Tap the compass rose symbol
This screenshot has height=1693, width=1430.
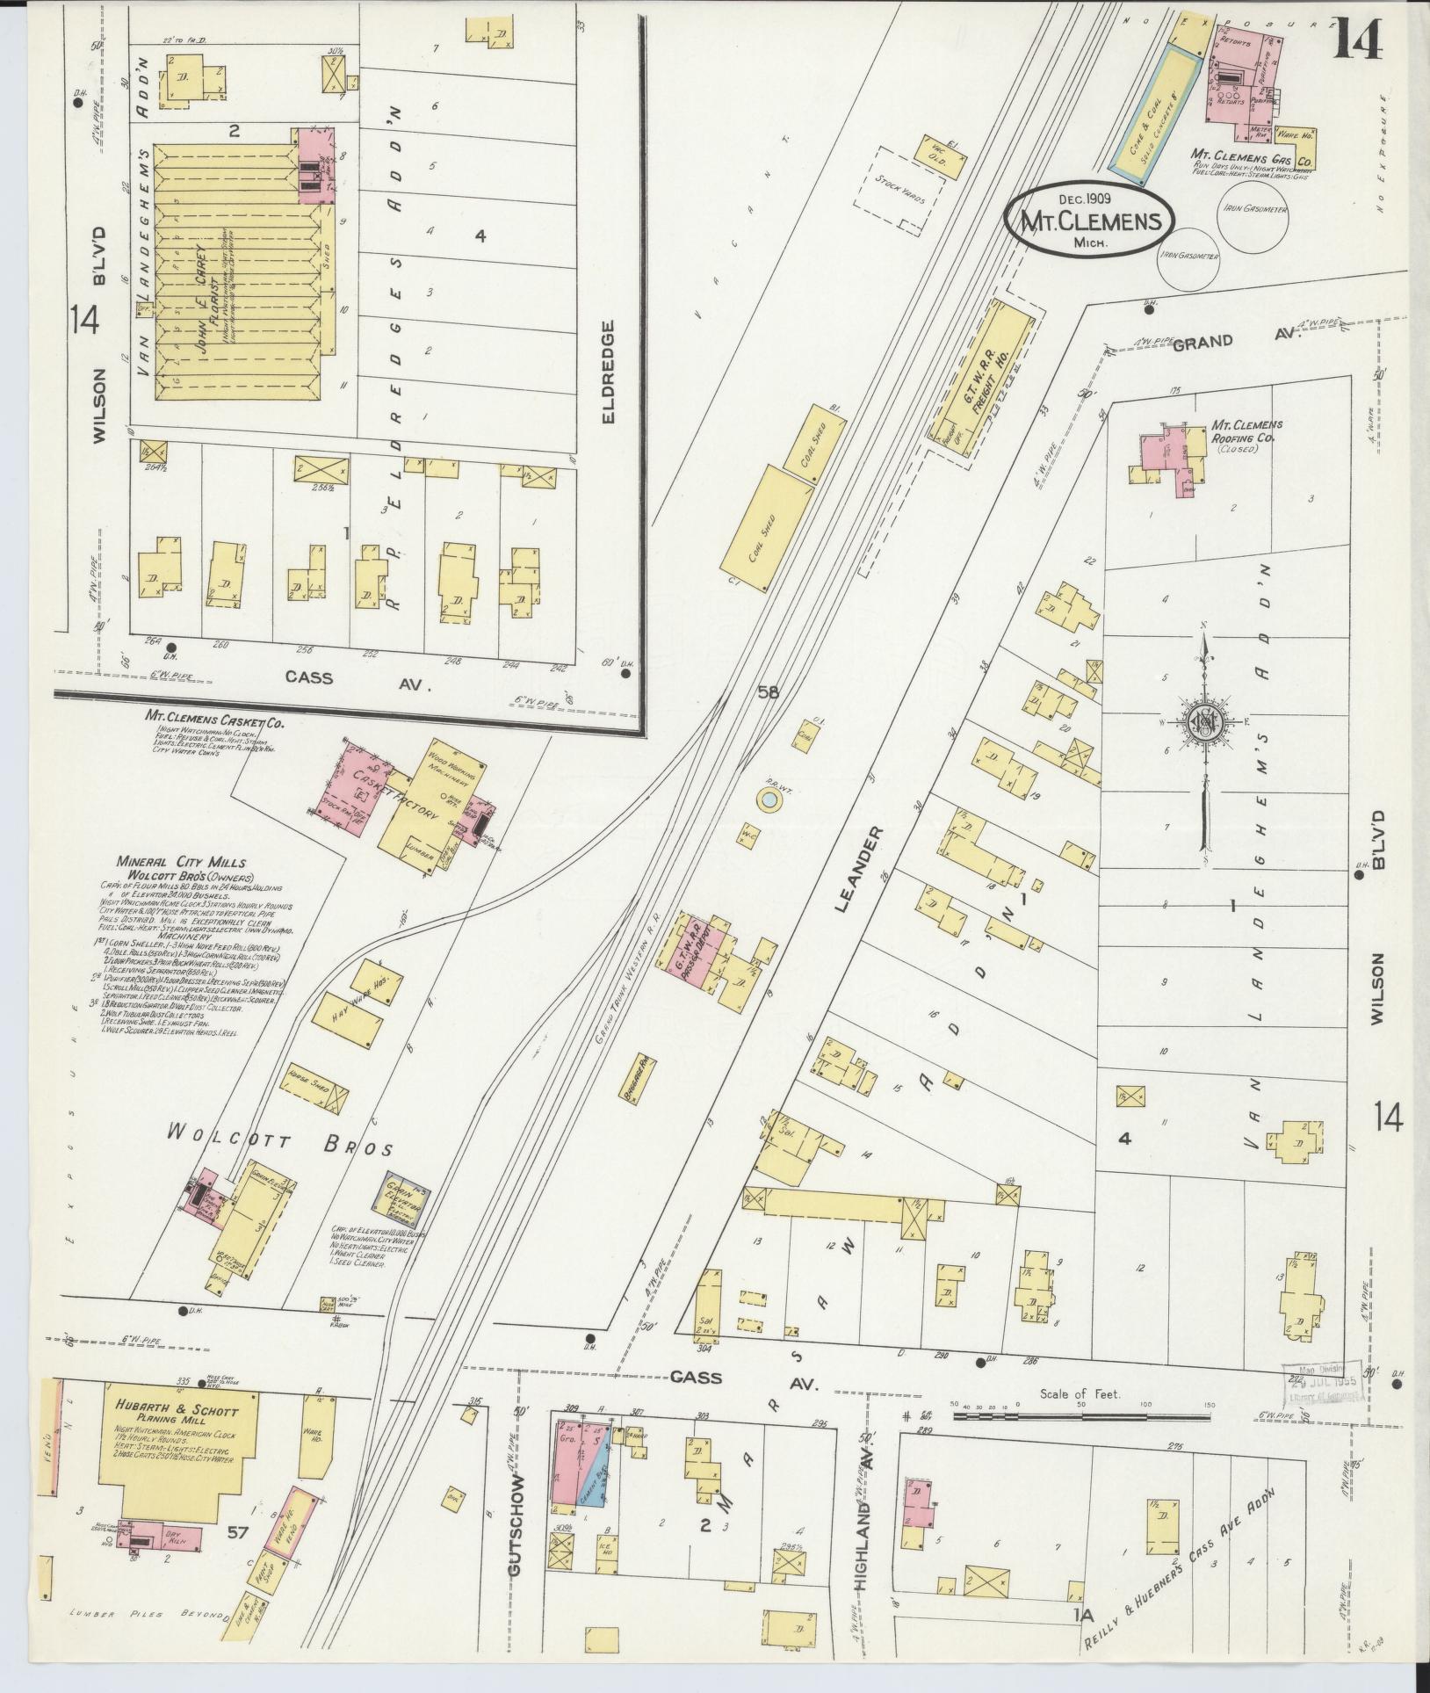[1204, 720]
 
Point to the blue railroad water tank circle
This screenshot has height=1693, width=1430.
[769, 800]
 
